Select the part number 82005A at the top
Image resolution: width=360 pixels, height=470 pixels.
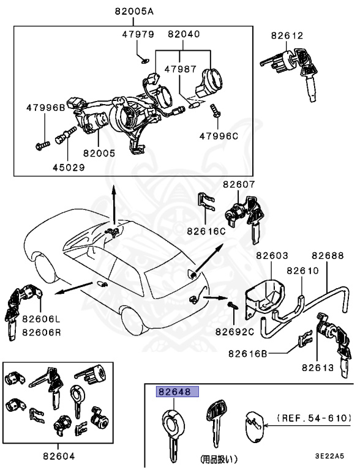133,11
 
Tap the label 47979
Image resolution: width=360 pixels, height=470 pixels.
138,35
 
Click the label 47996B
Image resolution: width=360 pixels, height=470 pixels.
45,108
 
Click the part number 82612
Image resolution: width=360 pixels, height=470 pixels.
287,36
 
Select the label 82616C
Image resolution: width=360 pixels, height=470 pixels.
206,231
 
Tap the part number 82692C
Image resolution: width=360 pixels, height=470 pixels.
234,332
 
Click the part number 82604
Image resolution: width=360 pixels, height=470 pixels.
59,455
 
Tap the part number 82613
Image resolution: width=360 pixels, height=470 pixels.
317,367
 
